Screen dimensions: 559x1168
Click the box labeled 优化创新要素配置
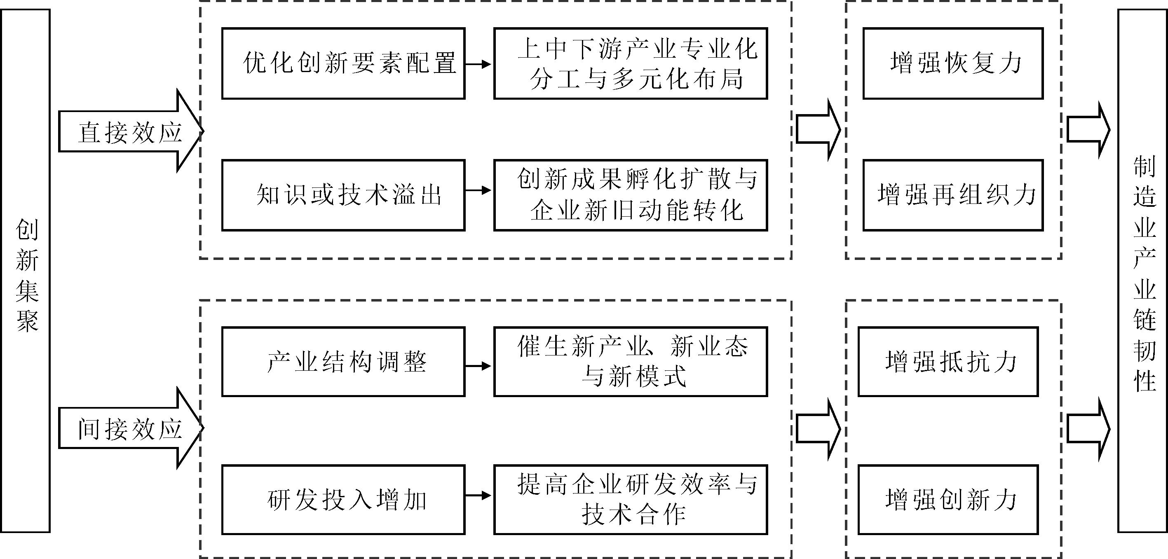(343, 63)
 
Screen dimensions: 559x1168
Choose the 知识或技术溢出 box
(343, 195)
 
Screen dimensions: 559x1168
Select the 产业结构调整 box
(343, 362)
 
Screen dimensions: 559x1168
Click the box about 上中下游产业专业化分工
(630, 63)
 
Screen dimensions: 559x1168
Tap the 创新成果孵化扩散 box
(630, 195)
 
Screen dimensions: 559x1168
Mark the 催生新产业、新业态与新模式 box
(630, 362)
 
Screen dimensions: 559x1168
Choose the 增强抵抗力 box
(948, 362)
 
